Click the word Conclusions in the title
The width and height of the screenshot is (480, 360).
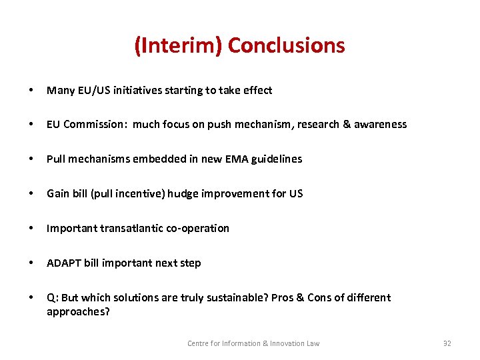(x=286, y=45)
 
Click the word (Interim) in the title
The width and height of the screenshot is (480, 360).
(x=178, y=45)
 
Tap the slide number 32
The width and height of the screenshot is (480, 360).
(x=447, y=343)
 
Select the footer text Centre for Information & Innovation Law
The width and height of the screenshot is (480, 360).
(x=253, y=343)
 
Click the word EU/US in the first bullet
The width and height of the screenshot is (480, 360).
(x=89, y=90)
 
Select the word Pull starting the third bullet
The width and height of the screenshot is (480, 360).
(x=55, y=159)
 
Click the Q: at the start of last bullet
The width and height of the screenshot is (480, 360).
(x=53, y=298)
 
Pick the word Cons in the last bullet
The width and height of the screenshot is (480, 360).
(x=319, y=298)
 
